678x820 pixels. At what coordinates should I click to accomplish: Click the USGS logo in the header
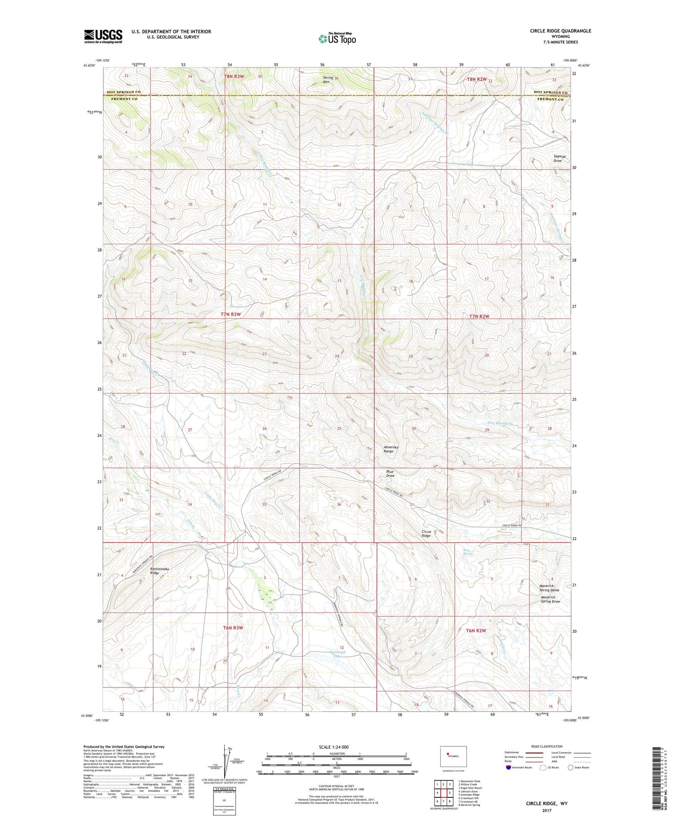tap(103, 36)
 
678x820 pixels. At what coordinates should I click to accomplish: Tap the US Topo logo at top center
tap(337, 38)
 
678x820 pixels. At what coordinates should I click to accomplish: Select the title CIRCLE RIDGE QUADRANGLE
tap(560, 31)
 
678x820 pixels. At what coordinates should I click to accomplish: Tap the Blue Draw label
tap(390, 474)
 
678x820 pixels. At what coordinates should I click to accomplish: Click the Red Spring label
tap(468, 552)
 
